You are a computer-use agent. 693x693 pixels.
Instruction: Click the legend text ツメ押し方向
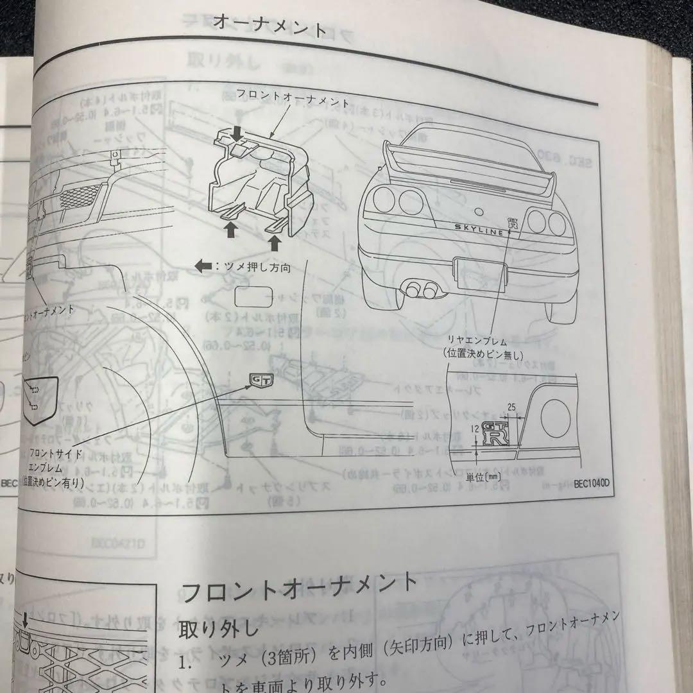tap(253, 268)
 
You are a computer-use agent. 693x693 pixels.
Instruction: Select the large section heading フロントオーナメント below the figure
tap(300, 589)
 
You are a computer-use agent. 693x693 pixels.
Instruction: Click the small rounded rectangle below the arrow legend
tap(253, 298)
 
